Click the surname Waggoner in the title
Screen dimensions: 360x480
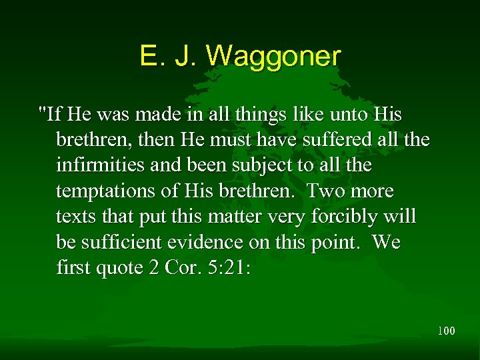[x=273, y=56]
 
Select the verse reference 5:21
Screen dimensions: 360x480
[x=229, y=268]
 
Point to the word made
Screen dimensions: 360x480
[x=155, y=115]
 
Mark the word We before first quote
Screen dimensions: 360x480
[x=387, y=243]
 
